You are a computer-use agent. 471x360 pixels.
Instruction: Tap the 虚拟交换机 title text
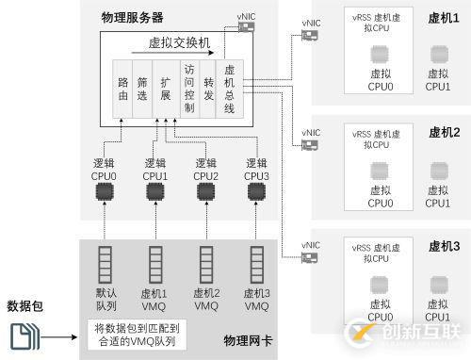[179, 42]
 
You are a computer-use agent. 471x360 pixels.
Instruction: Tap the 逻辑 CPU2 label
[205, 169]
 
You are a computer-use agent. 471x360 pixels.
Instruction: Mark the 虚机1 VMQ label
[154, 299]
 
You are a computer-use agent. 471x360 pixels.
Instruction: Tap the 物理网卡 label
[247, 339]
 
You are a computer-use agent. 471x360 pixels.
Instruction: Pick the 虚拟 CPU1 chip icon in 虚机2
[438, 171]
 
